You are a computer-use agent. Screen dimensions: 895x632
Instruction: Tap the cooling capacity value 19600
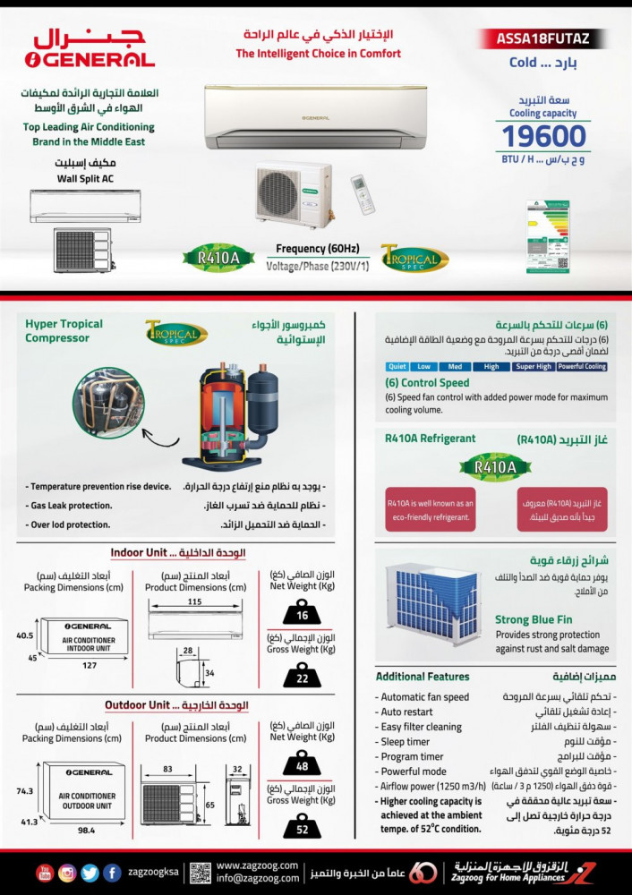[x=543, y=136]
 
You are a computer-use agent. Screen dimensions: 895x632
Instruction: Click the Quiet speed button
[x=397, y=366]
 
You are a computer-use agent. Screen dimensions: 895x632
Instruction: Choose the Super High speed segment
[x=534, y=366]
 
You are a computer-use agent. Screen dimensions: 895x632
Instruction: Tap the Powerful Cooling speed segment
[x=582, y=366]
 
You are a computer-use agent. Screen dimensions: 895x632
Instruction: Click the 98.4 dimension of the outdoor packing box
[x=86, y=830]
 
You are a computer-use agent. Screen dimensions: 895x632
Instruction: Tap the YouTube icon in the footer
[x=45, y=873]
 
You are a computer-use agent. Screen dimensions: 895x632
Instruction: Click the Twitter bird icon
[x=90, y=873]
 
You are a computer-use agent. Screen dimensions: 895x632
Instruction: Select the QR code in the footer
[x=200, y=873]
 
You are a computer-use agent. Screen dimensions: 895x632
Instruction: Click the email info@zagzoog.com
[x=256, y=879]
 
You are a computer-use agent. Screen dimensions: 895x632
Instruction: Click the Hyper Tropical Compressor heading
[x=64, y=330]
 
